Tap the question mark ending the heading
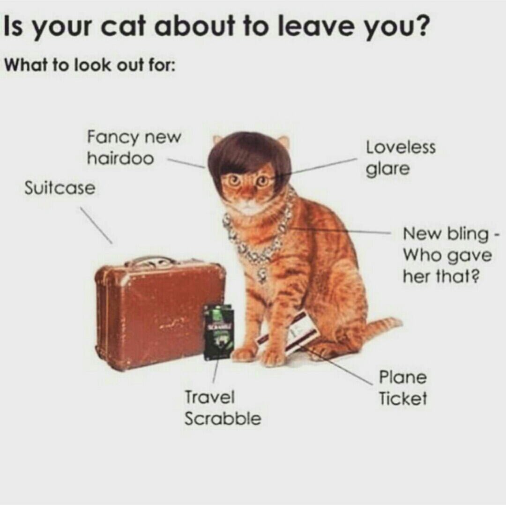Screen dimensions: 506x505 point(424,27)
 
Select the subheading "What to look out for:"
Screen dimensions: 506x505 point(89,66)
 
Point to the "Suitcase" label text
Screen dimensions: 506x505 point(60,188)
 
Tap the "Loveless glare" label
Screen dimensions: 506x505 point(400,159)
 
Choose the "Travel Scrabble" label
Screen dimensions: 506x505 point(223,408)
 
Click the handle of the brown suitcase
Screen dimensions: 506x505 point(149,260)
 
